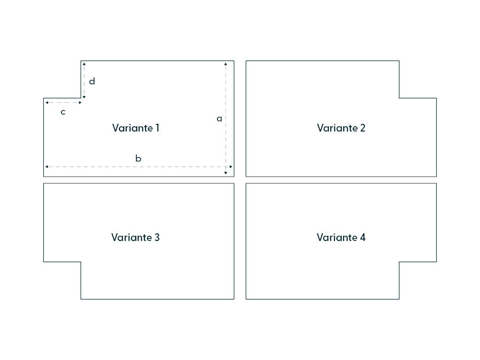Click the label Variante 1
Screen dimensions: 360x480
(x=135, y=128)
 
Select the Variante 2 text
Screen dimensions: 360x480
(x=341, y=128)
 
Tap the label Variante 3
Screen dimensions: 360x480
(x=135, y=238)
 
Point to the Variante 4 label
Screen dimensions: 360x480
(x=341, y=238)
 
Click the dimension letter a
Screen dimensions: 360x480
(x=219, y=119)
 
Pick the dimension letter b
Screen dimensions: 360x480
(x=138, y=158)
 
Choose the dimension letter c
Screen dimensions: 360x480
(x=63, y=112)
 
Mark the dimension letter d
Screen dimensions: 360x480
(x=92, y=81)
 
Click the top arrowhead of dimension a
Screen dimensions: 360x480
(x=226, y=64)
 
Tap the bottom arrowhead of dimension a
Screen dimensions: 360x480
(x=226, y=173)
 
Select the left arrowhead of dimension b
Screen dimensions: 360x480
(x=47, y=167)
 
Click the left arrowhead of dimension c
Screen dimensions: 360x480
(x=47, y=102)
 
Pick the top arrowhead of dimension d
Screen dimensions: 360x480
(x=84, y=64)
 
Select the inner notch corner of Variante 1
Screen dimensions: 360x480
(x=81, y=98)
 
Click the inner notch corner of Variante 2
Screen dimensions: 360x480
(x=399, y=98)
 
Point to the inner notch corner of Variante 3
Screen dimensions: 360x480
(x=81, y=262)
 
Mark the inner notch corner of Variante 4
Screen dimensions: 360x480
(x=399, y=262)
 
